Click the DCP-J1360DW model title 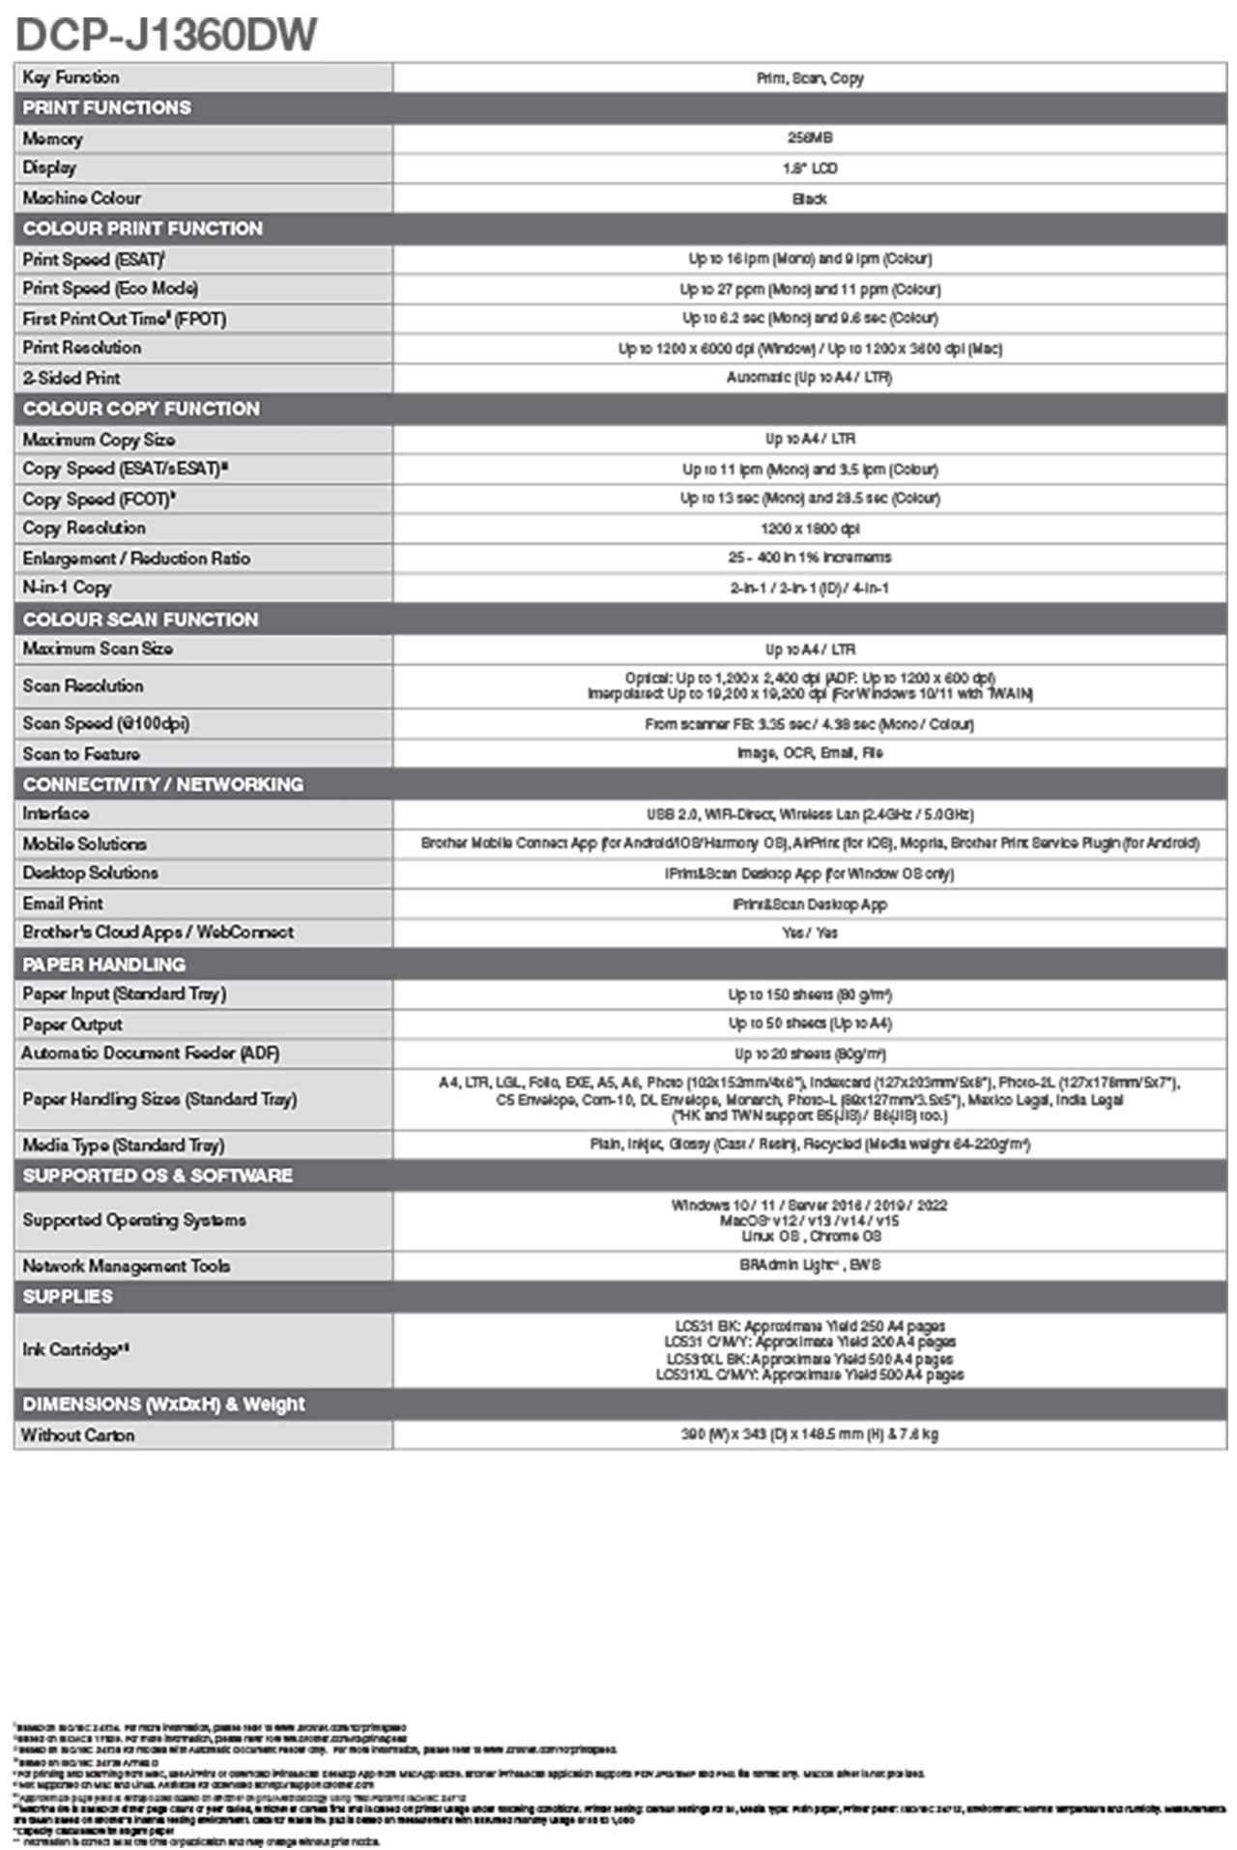click(166, 35)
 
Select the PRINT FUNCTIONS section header click(106, 108)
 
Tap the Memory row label click(53, 139)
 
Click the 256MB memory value click(809, 138)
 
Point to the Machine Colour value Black click(809, 199)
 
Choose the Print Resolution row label click(82, 348)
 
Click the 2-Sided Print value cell click(809, 378)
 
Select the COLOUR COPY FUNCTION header click(141, 409)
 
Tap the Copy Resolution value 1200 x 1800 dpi click(809, 529)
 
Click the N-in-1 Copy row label click(68, 588)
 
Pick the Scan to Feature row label click(81, 754)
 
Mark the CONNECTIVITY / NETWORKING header click(162, 785)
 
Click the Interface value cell click(809, 815)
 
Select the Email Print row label click(63, 904)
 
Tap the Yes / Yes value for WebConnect click(809, 934)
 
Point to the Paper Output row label click(72, 1025)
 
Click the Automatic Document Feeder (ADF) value click(809, 1055)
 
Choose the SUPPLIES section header click(68, 1297)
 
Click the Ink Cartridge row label click(75, 1350)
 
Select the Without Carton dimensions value click(809, 1434)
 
